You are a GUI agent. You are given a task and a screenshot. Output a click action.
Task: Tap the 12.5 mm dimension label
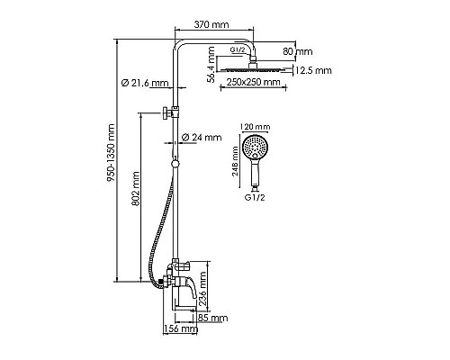310,69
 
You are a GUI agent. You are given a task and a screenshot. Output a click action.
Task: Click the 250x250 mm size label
251,83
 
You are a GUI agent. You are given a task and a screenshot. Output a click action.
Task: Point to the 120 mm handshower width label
257,128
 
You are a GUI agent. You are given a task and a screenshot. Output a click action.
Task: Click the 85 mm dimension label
212,318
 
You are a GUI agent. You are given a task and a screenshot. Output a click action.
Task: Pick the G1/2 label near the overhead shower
236,51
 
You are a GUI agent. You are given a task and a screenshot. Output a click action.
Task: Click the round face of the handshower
257,147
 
